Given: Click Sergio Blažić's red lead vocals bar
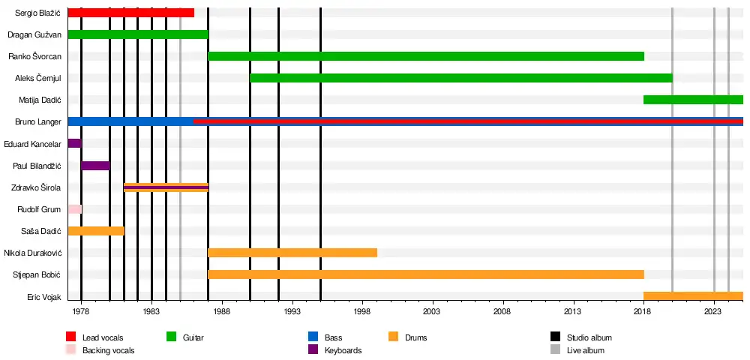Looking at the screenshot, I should click(x=130, y=13).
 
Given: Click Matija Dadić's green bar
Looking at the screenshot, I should click(x=693, y=100).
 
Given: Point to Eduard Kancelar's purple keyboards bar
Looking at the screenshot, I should click(x=74, y=143).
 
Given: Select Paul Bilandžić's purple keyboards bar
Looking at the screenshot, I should click(x=95, y=165).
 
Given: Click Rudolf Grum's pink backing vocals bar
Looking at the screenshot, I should click(x=74, y=208).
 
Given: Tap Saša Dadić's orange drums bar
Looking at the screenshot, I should click(x=95, y=230).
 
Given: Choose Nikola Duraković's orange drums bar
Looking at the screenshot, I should click(x=292, y=252).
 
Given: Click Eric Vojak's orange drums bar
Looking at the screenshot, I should click(x=693, y=295).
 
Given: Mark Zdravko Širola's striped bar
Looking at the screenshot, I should click(x=166, y=187).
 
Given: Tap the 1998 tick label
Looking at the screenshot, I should click(x=362, y=310).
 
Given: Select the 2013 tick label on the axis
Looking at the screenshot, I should click(x=573, y=310).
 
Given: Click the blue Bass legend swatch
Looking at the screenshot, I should click(x=313, y=337).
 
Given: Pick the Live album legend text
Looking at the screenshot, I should click(x=585, y=350).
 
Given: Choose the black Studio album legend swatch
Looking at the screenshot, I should click(x=556, y=337).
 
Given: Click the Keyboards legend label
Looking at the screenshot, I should click(x=343, y=350).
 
